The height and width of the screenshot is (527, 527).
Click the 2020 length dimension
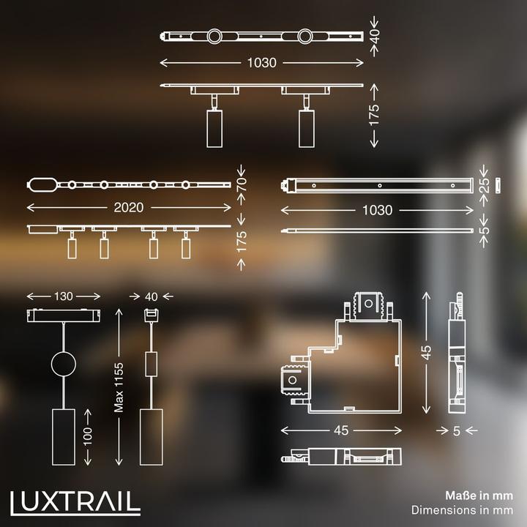pos(130,208)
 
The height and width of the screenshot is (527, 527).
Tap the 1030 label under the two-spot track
pos(262,62)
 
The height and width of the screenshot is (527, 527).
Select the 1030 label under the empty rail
pos(377,210)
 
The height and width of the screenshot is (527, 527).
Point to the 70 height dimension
pos(241,183)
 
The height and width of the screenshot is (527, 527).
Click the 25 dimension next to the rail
pos(484,186)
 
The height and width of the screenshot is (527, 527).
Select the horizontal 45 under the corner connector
pos(340,431)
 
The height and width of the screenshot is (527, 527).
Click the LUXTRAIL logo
pos(76,501)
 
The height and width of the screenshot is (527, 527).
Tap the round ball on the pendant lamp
pos(63,364)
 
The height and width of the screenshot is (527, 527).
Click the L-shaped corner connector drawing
pos(340,359)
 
